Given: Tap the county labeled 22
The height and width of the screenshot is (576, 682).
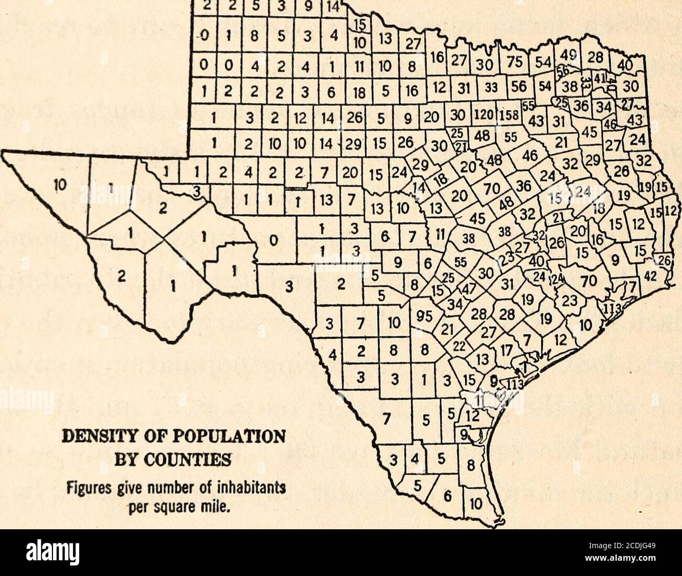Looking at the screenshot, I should tap(459, 347).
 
